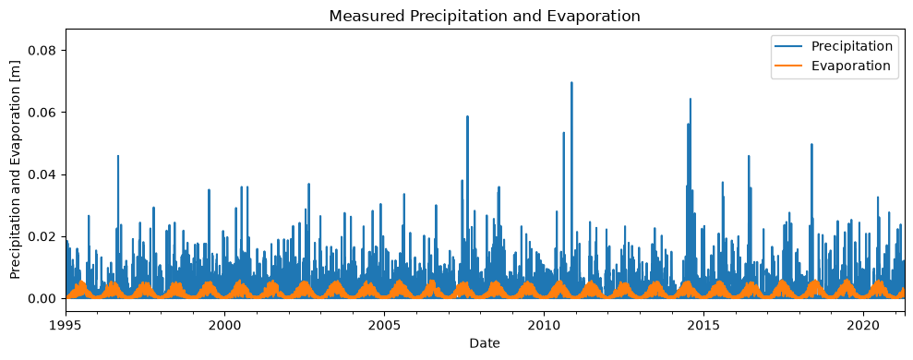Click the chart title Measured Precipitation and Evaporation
pyautogui.click(x=485, y=17)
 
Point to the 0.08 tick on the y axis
pyautogui.click(x=45, y=50)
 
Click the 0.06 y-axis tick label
pyautogui.click(x=45, y=112)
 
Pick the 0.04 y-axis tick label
pyautogui.click(x=45, y=174)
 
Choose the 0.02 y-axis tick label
pyautogui.click(x=45, y=236)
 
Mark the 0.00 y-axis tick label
pyautogui.click(x=45, y=298)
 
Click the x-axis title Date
pyautogui.click(x=485, y=343)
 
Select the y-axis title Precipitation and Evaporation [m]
pyautogui.click(x=16, y=171)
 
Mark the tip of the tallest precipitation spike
pyautogui.click(x=571, y=82)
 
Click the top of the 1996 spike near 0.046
pyautogui.click(x=118, y=155)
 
